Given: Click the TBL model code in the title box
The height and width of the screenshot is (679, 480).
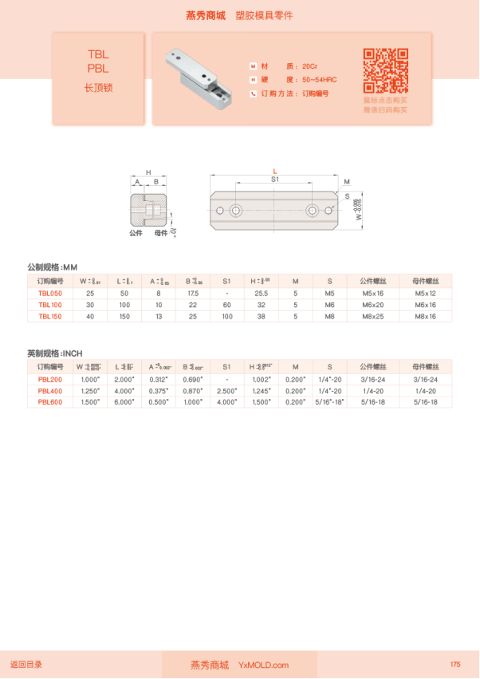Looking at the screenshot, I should (x=98, y=55).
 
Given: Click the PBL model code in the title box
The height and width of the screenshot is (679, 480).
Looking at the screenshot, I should (x=98, y=69).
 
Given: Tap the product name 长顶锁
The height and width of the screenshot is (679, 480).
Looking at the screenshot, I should (x=98, y=88).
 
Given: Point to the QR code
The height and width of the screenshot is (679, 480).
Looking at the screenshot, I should (x=386, y=71).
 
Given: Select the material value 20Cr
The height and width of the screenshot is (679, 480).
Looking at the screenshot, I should (x=310, y=65).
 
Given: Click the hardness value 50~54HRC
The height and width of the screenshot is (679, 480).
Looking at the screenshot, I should (x=320, y=80).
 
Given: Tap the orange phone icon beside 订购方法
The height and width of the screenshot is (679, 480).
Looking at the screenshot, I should (x=254, y=93).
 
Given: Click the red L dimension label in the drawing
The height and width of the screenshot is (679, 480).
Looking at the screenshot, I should (x=274, y=172).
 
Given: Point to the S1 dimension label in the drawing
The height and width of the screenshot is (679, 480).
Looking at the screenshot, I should (x=274, y=180).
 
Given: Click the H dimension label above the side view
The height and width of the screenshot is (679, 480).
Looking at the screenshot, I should (x=148, y=172).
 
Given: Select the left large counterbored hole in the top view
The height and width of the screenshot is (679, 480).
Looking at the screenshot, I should (x=237, y=211).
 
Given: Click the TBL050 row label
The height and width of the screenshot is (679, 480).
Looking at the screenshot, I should (x=51, y=294).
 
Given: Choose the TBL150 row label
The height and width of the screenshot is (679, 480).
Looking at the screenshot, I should (x=51, y=316).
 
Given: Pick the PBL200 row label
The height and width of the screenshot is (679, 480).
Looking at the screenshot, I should (x=51, y=379).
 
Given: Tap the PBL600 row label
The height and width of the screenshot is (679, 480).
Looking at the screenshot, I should (x=51, y=401).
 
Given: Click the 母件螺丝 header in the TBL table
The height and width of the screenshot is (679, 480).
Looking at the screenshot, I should (x=422, y=281).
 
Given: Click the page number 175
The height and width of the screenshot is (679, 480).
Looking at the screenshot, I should (x=455, y=665).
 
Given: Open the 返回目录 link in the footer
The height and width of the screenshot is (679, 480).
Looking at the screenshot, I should (x=26, y=665).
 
